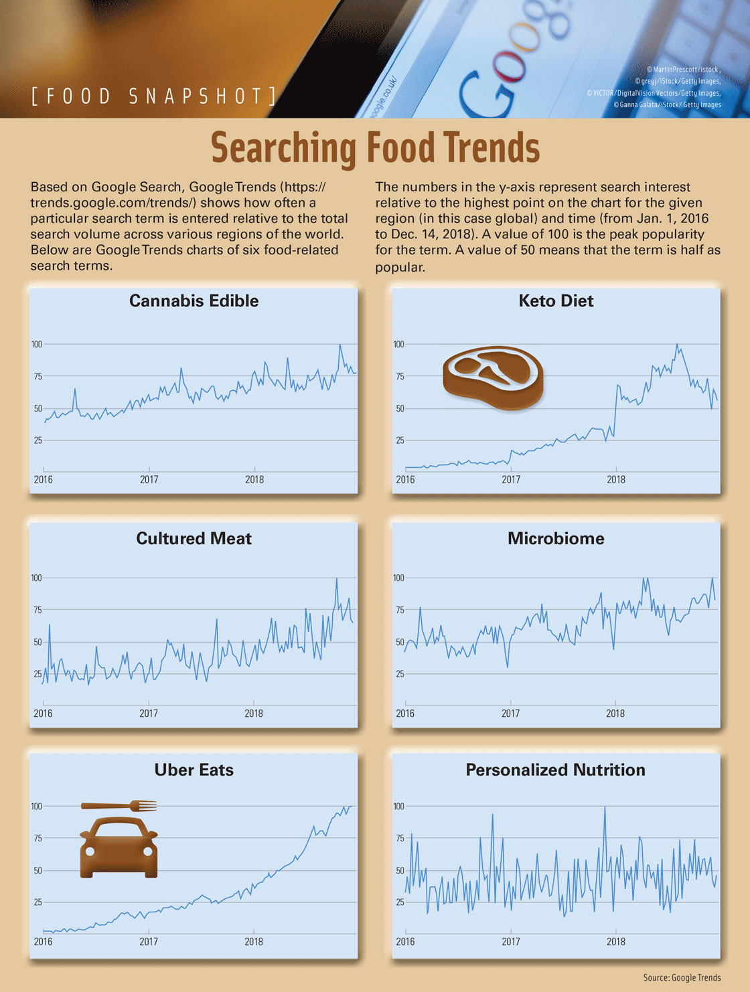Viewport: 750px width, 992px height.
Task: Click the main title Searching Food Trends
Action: click(x=375, y=148)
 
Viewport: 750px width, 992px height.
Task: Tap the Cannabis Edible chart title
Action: click(x=194, y=301)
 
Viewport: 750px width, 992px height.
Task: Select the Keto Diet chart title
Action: click(x=556, y=301)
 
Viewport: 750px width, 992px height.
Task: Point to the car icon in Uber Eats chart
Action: click(x=119, y=847)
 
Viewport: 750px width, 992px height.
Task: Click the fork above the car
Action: click(x=119, y=806)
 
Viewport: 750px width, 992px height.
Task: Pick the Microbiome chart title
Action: click(x=556, y=539)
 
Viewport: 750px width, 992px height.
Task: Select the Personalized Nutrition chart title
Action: click(x=555, y=770)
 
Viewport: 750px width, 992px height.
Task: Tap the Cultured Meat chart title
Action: click(x=194, y=539)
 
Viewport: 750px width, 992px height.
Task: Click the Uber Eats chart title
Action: click(x=194, y=770)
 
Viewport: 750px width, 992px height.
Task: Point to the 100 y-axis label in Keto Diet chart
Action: click(x=398, y=344)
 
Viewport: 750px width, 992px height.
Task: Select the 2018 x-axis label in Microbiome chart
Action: click(x=615, y=714)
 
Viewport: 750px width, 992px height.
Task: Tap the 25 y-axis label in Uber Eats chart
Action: click(x=37, y=902)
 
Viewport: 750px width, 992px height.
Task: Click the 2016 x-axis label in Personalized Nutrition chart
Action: click(x=405, y=942)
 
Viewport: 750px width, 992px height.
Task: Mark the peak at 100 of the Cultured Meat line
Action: click(x=336, y=578)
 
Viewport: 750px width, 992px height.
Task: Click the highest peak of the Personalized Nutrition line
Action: click(x=605, y=807)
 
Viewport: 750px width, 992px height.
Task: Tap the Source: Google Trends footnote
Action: click(x=682, y=978)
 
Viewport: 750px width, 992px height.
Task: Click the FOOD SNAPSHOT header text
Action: click(x=154, y=96)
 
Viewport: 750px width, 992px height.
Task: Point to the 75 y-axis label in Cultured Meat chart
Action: click(x=37, y=610)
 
